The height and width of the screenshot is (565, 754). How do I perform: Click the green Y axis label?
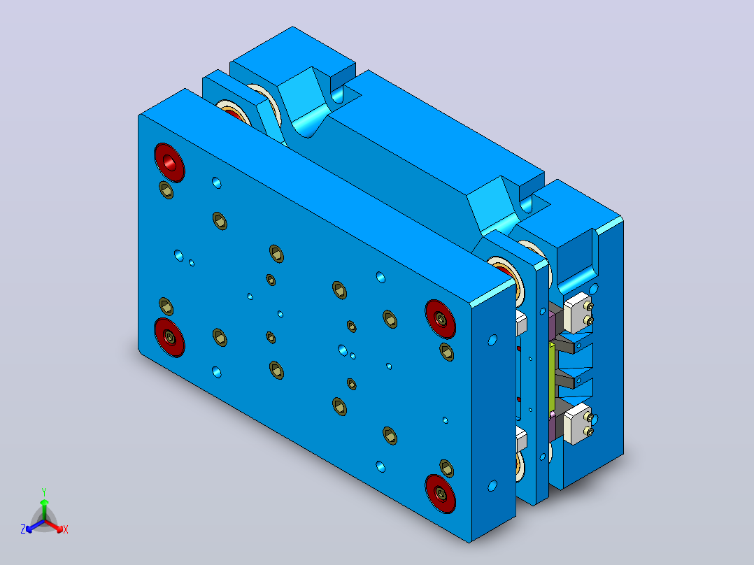tap(44, 492)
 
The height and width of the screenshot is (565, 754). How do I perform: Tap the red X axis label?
tap(66, 529)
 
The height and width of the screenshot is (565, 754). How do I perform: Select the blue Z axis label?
tap(23, 529)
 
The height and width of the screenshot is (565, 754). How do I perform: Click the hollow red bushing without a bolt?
tap(170, 162)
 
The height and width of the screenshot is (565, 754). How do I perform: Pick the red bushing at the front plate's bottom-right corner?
tap(441, 494)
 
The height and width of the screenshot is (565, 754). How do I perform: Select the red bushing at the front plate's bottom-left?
tap(170, 337)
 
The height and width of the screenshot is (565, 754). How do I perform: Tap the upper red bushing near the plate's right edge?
tap(441, 318)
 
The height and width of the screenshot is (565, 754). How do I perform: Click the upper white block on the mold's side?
tap(578, 313)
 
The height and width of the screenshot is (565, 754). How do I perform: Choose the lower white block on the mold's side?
tap(578, 424)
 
